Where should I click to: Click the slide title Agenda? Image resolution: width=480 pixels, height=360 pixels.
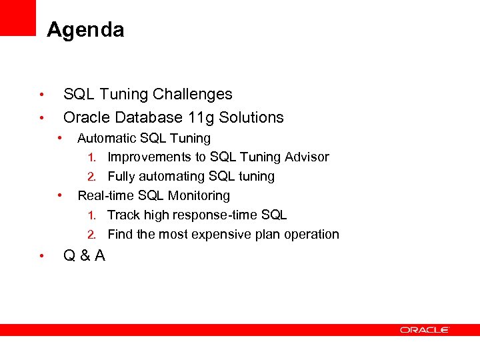point(85,30)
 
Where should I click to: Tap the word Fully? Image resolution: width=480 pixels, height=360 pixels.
point(121,177)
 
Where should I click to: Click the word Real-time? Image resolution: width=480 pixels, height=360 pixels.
point(105,195)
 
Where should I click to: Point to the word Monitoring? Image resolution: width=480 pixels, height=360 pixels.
point(199,195)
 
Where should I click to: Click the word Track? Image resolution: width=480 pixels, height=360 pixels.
point(123,215)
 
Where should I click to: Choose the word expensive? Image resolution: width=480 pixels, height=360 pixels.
point(220,234)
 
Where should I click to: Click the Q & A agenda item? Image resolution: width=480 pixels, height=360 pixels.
point(84,255)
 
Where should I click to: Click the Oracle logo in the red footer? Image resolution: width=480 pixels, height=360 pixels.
point(425,329)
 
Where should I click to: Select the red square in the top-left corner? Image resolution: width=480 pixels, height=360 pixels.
point(17,17)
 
